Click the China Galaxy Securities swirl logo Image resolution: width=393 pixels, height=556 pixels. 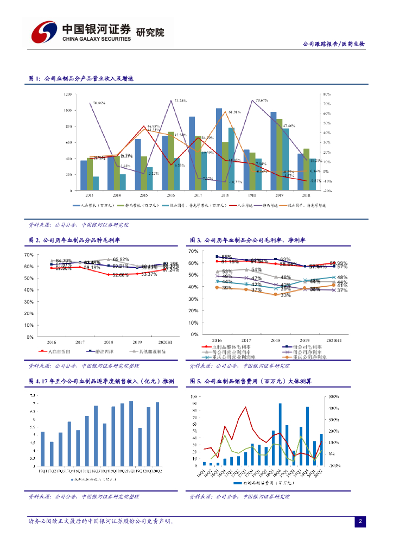(43, 33)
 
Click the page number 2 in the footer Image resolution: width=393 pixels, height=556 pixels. (359, 522)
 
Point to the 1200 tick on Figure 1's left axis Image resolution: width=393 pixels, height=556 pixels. (68, 94)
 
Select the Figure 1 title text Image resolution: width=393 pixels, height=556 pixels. (81, 79)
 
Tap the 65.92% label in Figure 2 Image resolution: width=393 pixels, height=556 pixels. (121, 260)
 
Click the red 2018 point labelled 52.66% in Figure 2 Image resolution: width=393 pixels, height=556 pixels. (109, 274)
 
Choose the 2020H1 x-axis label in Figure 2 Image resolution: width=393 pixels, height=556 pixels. (167, 343)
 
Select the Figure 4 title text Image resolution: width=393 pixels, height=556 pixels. (101, 382)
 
